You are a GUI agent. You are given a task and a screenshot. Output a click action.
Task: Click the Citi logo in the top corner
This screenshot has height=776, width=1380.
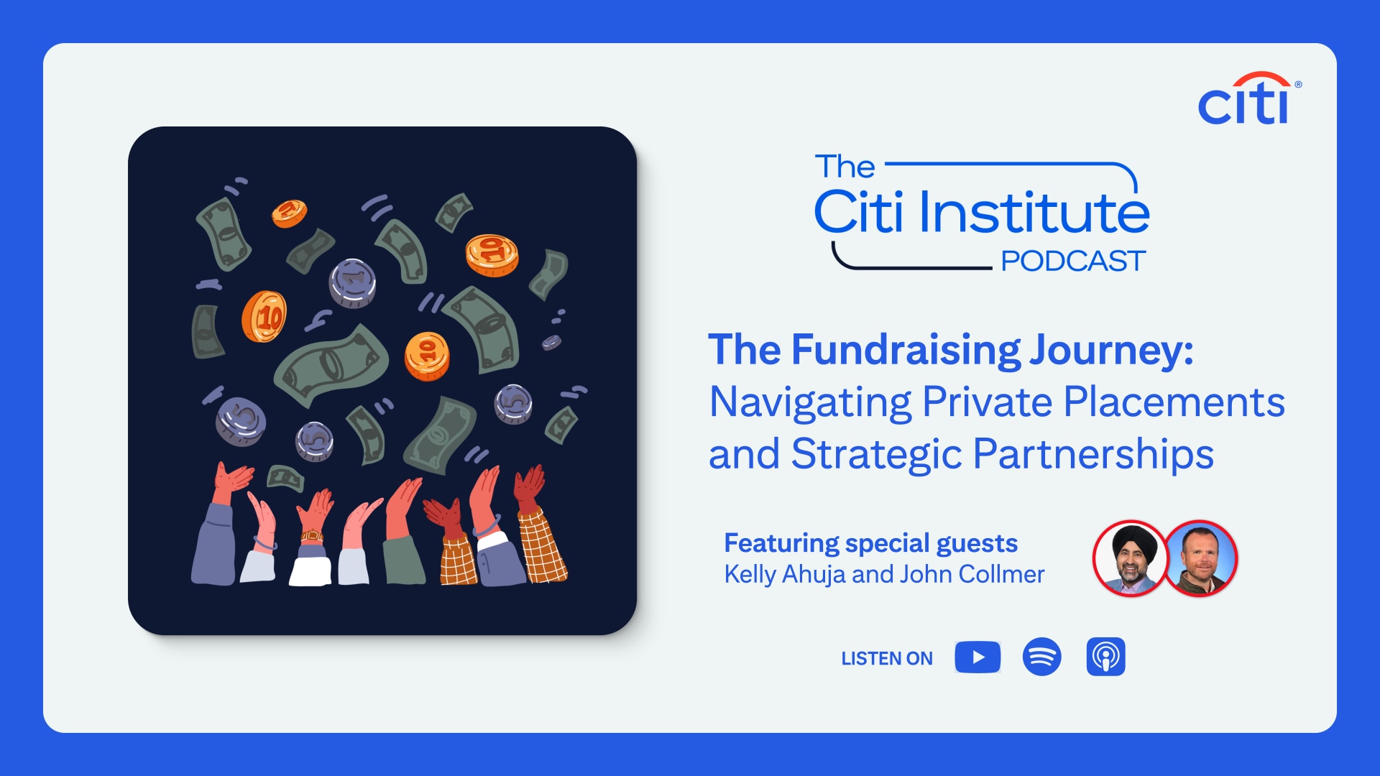(1248, 98)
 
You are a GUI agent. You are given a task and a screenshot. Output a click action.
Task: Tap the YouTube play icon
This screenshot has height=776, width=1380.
(977, 657)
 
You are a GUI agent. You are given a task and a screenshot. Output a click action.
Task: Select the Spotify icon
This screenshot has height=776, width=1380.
(1041, 657)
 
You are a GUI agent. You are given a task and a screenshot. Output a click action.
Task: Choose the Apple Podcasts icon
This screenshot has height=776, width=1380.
(1105, 657)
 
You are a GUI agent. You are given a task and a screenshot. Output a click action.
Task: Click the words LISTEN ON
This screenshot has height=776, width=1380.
(887, 658)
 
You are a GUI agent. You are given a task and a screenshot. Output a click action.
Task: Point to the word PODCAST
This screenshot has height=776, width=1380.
(1073, 261)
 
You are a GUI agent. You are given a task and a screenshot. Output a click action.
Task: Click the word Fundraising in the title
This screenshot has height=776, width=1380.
(906, 351)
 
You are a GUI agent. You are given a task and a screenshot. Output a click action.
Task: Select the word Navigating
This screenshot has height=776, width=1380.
(810, 403)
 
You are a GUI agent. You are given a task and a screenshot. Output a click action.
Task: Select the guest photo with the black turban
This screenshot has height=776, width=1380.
(1131, 559)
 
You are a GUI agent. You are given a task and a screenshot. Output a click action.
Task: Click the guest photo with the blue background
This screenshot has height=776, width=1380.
(1200, 559)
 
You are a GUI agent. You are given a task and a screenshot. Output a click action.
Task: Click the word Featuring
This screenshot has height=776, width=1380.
(781, 544)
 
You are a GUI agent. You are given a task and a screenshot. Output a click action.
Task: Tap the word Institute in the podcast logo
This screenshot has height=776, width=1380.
(1034, 213)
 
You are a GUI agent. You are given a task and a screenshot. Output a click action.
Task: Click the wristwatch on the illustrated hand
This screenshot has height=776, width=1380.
(312, 536)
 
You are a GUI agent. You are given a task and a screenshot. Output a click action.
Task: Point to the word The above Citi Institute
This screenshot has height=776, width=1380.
(845, 167)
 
